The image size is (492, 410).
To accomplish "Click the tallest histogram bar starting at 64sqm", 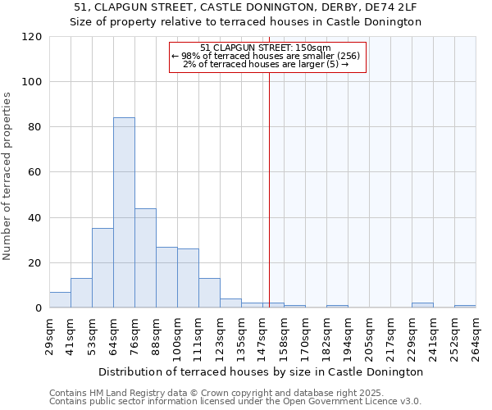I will [124, 212].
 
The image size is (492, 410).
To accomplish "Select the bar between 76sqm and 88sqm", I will [145, 257].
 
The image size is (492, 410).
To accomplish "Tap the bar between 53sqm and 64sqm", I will [102, 267].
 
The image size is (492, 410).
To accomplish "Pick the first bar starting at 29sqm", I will [60, 300].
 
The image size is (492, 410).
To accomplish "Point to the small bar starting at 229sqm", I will [422, 305].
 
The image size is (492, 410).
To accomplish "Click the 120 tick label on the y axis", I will [32, 37].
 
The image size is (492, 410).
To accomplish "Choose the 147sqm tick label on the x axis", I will [263, 334].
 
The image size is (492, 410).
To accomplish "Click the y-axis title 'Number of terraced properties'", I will [8, 176].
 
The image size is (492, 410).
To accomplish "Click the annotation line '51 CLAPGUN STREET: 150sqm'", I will [266, 48].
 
